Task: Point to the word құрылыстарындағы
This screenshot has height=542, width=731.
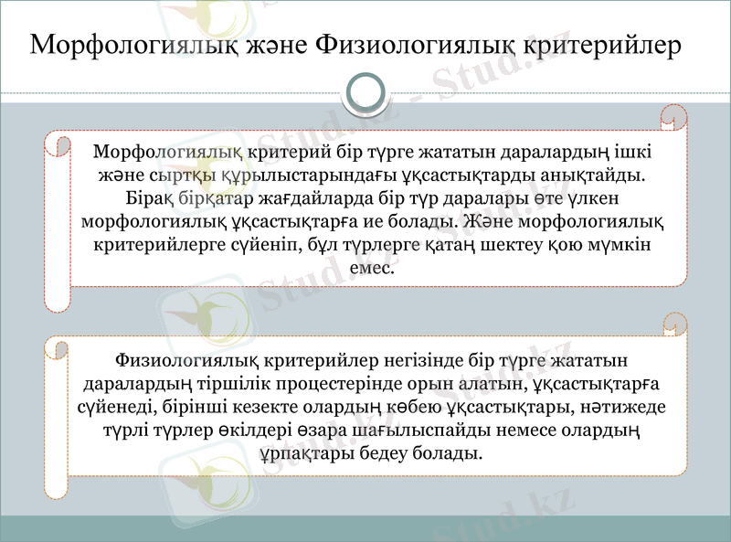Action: click(255, 174)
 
